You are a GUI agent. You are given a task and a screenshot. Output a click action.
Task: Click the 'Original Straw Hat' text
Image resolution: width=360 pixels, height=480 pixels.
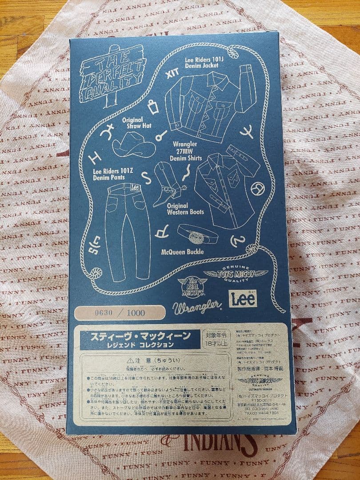132,123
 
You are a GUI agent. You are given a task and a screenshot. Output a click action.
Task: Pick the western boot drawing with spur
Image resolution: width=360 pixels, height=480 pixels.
169,184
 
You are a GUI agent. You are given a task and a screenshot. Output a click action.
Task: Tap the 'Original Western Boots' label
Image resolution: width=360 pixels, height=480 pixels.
185,209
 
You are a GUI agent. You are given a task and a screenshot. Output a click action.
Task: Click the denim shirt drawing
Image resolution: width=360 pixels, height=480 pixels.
227,187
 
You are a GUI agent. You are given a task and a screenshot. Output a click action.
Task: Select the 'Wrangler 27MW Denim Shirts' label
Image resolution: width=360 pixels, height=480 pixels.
188,152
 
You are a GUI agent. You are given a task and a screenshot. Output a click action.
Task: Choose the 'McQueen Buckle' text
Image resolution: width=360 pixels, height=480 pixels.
182,252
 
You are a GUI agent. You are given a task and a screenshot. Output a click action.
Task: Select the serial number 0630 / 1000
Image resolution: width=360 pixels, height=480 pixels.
120,312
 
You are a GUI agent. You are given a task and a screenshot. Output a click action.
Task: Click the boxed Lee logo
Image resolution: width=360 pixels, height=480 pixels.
244,298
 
